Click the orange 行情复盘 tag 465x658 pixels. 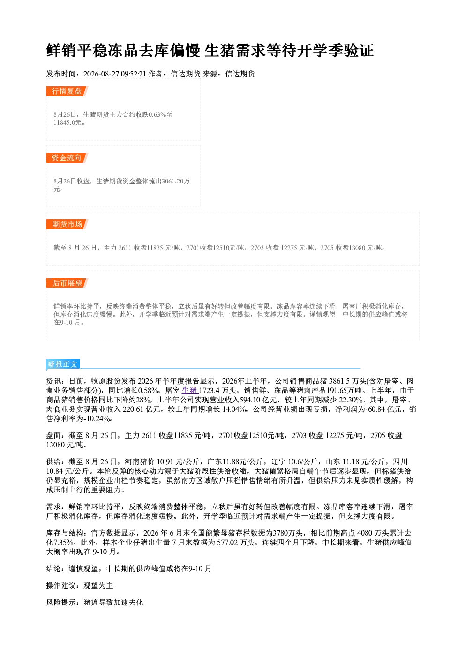click(x=67, y=91)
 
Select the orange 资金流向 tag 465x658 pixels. click(x=67, y=158)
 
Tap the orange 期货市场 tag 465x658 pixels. click(x=67, y=225)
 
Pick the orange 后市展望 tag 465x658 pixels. click(x=67, y=283)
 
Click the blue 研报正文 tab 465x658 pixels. click(x=63, y=364)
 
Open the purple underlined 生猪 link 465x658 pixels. click(x=190, y=390)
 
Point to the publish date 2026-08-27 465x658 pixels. click(x=101, y=74)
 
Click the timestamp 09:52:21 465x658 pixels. click(x=133, y=74)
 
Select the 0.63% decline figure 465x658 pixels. click(x=157, y=114)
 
